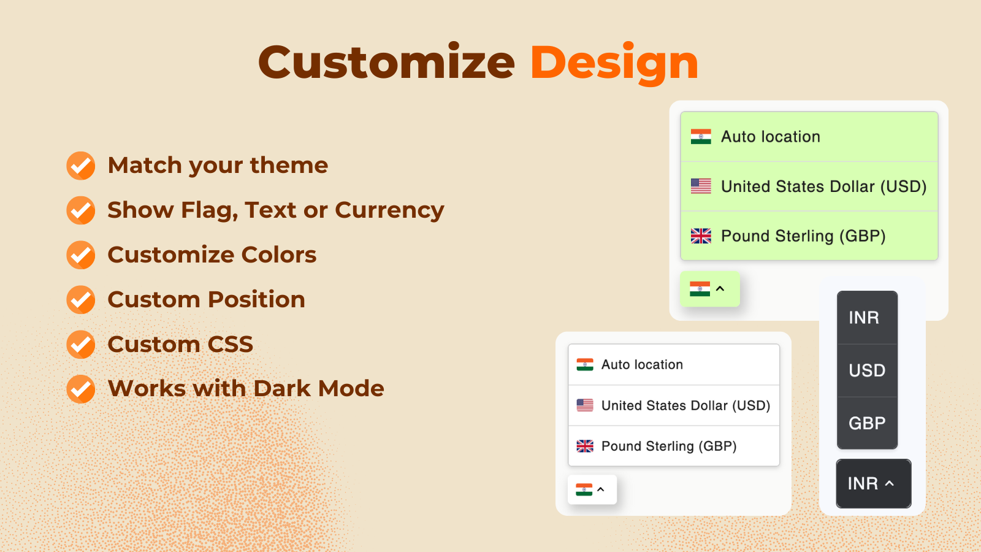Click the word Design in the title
coord(614,63)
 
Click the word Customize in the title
coord(386,63)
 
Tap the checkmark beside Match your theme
coord(81,166)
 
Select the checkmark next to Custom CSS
coord(81,345)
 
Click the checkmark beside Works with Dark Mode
coord(81,389)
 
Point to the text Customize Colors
coord(212,255)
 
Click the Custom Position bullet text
coord(206,300)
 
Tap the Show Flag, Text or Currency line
coord(275,210)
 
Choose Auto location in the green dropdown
coord(770,137)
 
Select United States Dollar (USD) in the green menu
coord(823,186)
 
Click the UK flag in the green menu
coord(701,236)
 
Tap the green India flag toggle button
coord(709,289)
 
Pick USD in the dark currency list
coord(867,370)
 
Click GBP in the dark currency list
coord(867,423)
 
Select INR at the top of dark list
coord(864,318)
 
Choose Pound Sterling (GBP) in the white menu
coord(668,447)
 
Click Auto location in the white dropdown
coord(641,365)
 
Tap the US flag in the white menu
coord(585,405)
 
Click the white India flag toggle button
coord(592,489)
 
